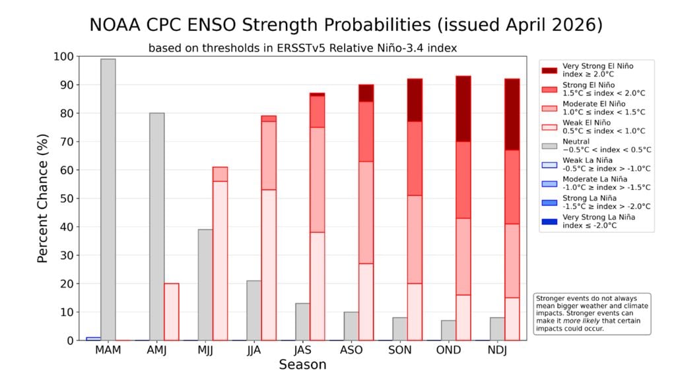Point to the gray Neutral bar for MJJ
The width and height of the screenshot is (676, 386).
tap(205, 284)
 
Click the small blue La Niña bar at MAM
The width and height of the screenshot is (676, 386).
tap(93, 338)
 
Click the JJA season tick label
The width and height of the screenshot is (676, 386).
tap(254, 350)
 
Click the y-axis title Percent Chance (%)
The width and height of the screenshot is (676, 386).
tap(43, 198)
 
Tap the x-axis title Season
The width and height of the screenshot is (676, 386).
tap(302, 365)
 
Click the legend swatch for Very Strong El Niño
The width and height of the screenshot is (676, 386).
tap(549, 71)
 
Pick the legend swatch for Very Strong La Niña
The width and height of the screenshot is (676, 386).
tap(549, 221)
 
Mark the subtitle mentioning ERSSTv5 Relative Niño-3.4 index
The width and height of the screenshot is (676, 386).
tap(303, 48)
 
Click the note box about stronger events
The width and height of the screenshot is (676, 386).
tap(592, 313)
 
